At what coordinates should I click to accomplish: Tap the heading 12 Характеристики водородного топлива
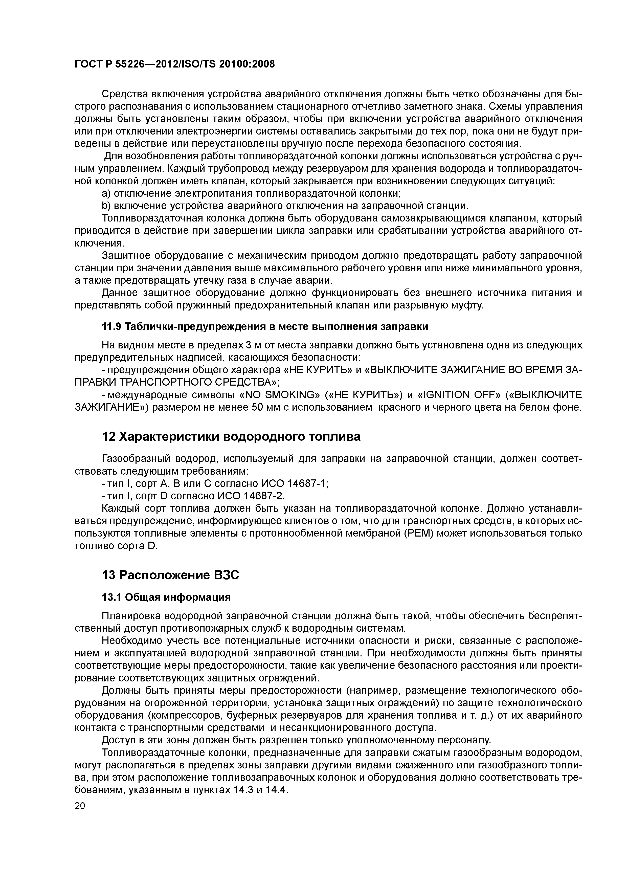pos(231,436)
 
